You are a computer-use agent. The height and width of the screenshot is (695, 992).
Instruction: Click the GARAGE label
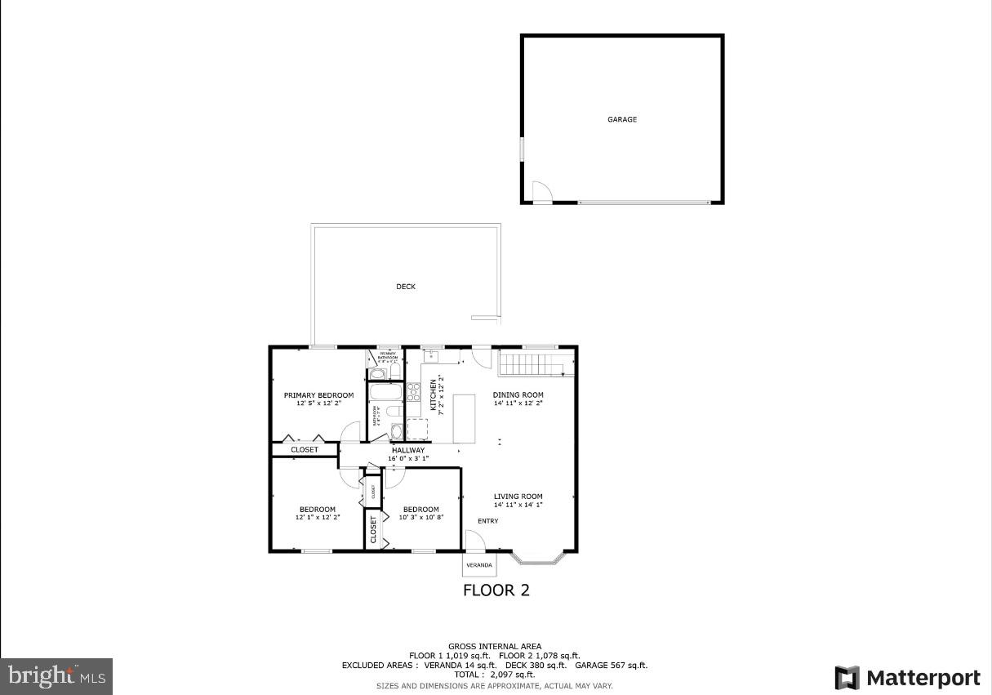tap(621, 119)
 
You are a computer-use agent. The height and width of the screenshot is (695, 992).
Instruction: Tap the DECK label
tap(406, 287)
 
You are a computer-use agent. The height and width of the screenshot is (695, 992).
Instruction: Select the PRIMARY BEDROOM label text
tap(318, 395)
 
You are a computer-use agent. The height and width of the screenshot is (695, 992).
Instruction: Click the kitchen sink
tap(430, 355)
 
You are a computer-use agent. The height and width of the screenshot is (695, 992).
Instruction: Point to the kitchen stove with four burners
tap(413, 392)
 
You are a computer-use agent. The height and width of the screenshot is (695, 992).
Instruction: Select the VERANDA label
tap(479, 565)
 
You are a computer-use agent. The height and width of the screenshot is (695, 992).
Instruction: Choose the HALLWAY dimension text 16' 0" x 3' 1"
tap(408, 459)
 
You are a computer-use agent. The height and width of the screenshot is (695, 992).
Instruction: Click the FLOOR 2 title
tap(496, 590)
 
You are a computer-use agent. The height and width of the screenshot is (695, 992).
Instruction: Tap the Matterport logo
tap(907, 678)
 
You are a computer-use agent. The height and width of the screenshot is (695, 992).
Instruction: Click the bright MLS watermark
tap(56, 676)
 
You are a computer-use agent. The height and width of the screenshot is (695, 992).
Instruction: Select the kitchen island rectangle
tap(464, 418)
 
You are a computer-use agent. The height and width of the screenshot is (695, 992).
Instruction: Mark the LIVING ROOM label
tap(518, 497)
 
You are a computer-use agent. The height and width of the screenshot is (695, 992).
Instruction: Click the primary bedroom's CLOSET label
tap(305, 450)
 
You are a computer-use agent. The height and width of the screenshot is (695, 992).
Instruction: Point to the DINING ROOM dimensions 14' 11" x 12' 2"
tap(518, 403)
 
